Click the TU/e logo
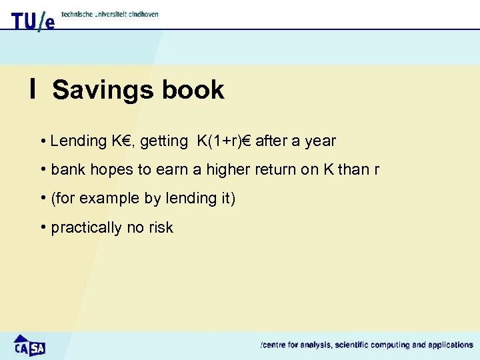click(x=33, y=20)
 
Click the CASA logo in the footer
click(x=29, y=345)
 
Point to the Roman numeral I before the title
click(x=33, y=89)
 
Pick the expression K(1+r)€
click(x=224, y=141)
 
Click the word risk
click(x=161, y=228)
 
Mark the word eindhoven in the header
click(x=141, y=14)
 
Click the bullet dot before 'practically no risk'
click(x=43, y=227)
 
